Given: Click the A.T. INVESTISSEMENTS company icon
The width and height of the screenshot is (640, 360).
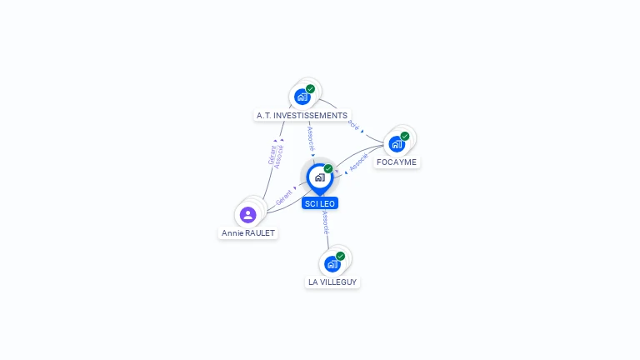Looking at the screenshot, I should click(302, 97).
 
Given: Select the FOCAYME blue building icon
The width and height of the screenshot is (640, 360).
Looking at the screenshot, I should click(397, 143).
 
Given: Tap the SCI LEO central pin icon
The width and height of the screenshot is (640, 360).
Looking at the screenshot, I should click(319, 177).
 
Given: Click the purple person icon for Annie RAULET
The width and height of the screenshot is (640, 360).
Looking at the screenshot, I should click(247, 215).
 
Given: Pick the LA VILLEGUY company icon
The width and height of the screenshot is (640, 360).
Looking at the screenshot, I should click(332, 264).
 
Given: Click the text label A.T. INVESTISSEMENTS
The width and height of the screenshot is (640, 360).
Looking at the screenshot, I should click(302, 115).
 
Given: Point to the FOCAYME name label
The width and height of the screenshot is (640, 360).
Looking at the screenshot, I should click(397, 162).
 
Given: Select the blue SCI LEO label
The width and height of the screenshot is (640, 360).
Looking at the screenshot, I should click(320, 203).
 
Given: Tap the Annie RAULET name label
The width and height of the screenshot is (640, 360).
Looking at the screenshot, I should click(248, 233).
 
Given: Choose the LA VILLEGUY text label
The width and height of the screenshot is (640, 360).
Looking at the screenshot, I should click(332, 282).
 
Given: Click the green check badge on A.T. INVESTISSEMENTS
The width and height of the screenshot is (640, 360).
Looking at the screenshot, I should click(310, 89).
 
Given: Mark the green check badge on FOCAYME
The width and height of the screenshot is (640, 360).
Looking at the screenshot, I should click(405, 136).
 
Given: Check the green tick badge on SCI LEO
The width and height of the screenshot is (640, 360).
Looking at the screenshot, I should click(328, 168).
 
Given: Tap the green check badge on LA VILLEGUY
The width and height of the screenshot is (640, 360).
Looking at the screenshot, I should click(340, 256).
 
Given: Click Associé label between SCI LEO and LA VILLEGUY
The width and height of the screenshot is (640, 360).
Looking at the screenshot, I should click(326, 223).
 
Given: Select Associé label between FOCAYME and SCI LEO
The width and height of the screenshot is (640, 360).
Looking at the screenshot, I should click(359, 165).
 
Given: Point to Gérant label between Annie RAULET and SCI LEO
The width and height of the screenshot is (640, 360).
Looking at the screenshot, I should click(283, 198).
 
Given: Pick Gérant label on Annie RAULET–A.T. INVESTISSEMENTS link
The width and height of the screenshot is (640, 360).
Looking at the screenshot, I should click(272, 155).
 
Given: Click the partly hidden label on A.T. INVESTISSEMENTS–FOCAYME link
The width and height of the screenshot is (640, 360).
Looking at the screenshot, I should click(353, 126).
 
